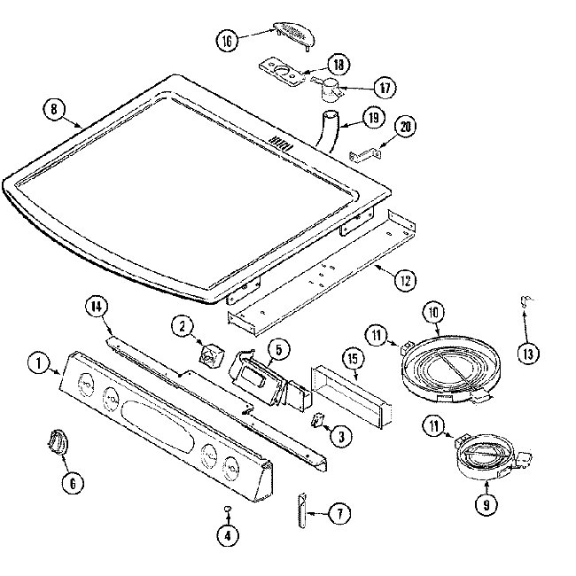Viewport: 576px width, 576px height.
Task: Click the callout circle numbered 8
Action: (55, 111)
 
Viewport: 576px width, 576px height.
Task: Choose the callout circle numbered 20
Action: (405, 127)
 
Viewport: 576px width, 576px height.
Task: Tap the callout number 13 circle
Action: (528, 354)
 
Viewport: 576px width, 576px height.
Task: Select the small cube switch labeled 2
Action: (211, 355)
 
